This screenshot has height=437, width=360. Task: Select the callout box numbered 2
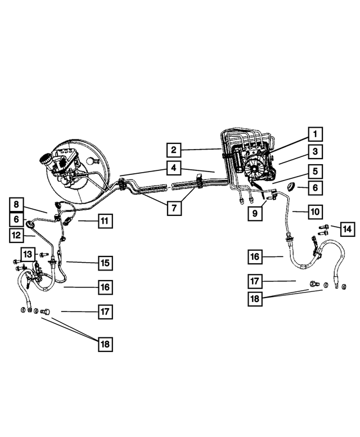174,150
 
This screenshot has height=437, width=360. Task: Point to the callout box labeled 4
174,167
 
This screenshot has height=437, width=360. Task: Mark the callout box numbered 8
17,205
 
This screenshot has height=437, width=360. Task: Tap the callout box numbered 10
315,212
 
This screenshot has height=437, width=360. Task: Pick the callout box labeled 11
104,221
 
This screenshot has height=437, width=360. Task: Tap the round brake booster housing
84,169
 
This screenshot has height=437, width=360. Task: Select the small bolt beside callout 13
44,255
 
